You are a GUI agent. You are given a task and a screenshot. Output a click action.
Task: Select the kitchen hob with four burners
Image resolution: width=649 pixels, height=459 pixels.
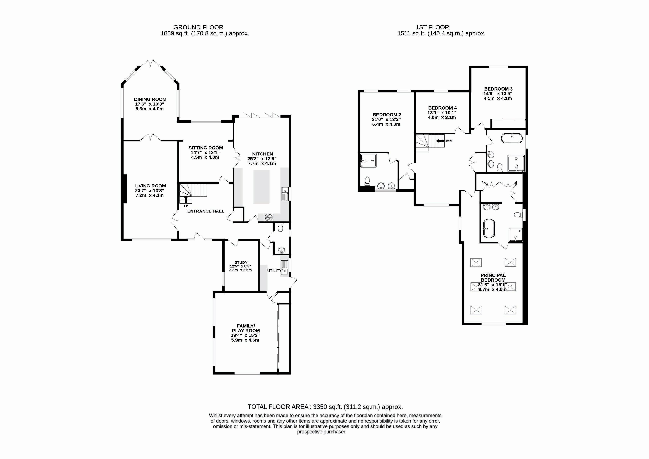[268, 217]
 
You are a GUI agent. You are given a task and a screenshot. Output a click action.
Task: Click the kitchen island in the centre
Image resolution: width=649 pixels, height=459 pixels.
[261, 187]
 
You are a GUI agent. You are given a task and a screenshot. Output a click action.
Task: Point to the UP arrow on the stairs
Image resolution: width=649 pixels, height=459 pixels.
[186, 199]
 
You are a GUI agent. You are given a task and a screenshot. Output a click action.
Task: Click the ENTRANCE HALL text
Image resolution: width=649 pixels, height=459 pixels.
[206, 211]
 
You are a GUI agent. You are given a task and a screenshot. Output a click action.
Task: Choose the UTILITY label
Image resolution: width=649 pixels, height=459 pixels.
[274, 271]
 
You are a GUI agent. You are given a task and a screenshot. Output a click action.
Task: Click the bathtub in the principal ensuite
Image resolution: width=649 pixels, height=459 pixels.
[489, 228]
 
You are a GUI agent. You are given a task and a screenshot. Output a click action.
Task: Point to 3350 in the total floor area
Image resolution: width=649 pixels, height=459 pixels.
[320, 407]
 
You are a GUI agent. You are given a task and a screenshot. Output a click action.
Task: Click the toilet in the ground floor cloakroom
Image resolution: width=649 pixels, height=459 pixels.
[280, 227]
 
